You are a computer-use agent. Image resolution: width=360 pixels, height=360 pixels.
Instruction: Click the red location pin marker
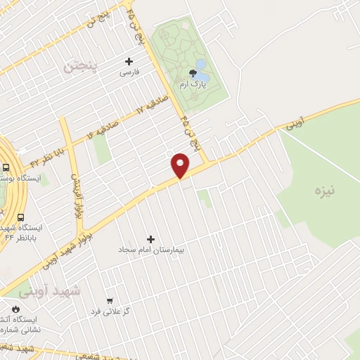[181, 165]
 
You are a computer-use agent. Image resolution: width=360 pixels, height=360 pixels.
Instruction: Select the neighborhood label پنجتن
[83, 67]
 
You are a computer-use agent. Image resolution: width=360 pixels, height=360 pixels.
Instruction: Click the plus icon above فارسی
[129, 61]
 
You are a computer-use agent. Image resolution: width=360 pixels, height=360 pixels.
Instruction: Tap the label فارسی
[129, 72]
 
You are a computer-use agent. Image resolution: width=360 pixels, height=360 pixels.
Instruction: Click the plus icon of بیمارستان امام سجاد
[150, 239]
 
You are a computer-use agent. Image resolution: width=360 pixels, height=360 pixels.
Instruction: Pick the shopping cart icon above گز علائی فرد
[110, 300]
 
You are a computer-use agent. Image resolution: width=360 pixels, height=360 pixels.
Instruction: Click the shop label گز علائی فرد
[110, 310]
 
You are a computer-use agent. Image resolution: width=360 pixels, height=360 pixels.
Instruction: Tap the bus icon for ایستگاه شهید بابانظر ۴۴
[20, 218]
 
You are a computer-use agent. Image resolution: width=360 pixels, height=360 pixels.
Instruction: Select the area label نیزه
[326, 189]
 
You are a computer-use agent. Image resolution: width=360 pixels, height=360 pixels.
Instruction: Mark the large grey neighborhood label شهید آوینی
[51, 290]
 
